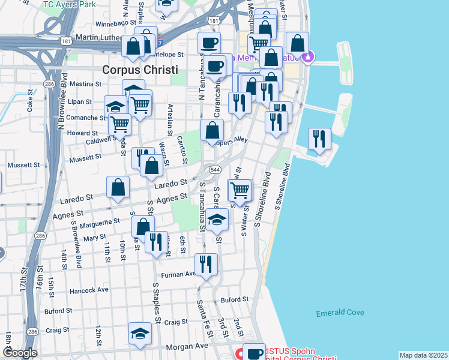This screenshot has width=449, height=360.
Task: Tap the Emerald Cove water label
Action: [x=340, y=313]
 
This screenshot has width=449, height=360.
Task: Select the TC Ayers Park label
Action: [x=70, y=4]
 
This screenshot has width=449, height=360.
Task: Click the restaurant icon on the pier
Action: [x=319, y=139]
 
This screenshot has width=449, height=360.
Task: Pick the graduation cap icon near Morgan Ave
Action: [x=140, y=334]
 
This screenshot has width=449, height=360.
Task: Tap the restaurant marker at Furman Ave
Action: [x=206, y=265]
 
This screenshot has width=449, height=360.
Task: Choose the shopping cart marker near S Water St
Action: [x=240, y=191]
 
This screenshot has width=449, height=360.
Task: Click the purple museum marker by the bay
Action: [x=309, y=58]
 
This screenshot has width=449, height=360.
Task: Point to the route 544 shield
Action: [x=215, y=170]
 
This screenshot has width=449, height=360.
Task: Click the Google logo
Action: [x=20, y=353]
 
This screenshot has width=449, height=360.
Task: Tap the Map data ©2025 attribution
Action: [x=423, y=355]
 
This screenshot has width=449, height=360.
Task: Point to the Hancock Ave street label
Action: [x=89, y=289]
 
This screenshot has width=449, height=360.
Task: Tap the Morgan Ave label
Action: [x=190, y=346]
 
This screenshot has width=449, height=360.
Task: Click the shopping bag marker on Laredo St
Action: [x=118, y=187]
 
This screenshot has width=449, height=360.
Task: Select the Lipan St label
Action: [x=79, y=103]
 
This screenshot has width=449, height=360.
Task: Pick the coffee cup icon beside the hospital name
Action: [x=254, y=353]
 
